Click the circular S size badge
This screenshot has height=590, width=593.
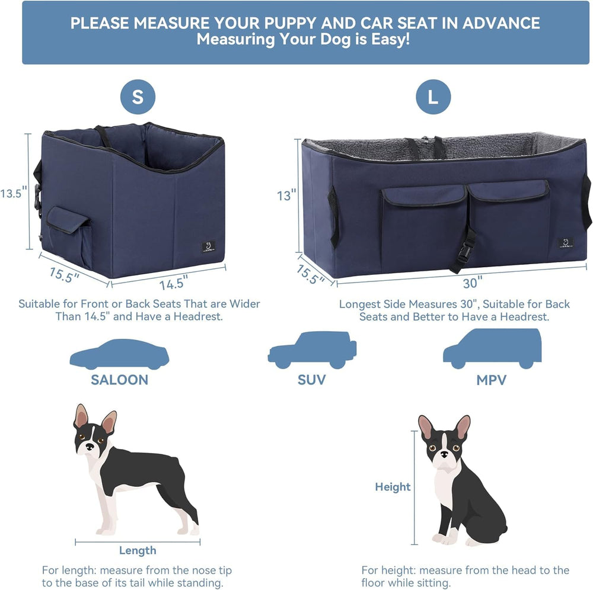(138, 97)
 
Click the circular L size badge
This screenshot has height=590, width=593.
(433, 97)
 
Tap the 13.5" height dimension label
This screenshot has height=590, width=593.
(14, 193)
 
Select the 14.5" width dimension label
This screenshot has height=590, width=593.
(173, 283)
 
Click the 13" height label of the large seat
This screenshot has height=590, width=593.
(285, 195)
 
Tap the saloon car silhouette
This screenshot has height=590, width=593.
(119, 354)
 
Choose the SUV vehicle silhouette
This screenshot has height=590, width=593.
(312, 350)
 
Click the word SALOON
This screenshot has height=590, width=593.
(119, 380)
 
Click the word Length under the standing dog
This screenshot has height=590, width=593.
(138, 550)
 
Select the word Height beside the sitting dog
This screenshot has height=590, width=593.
(393, 486)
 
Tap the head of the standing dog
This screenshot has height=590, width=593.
(93, 433)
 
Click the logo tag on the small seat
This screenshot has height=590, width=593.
(208, 246)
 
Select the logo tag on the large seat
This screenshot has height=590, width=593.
(566, 243)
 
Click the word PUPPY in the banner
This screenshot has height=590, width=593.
(290, 24)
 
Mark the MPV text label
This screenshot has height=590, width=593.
(492, 380)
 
